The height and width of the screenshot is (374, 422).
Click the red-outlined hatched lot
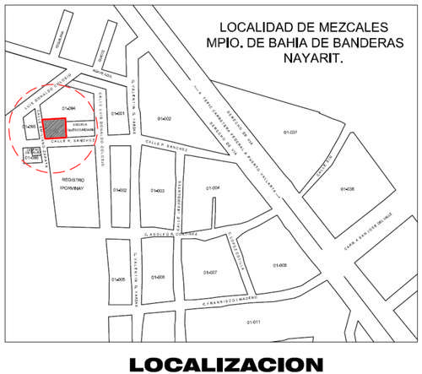tap(54, 128)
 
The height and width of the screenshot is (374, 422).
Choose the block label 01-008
tap(280, 265)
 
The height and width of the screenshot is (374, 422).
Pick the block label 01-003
tap(158, 192)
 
